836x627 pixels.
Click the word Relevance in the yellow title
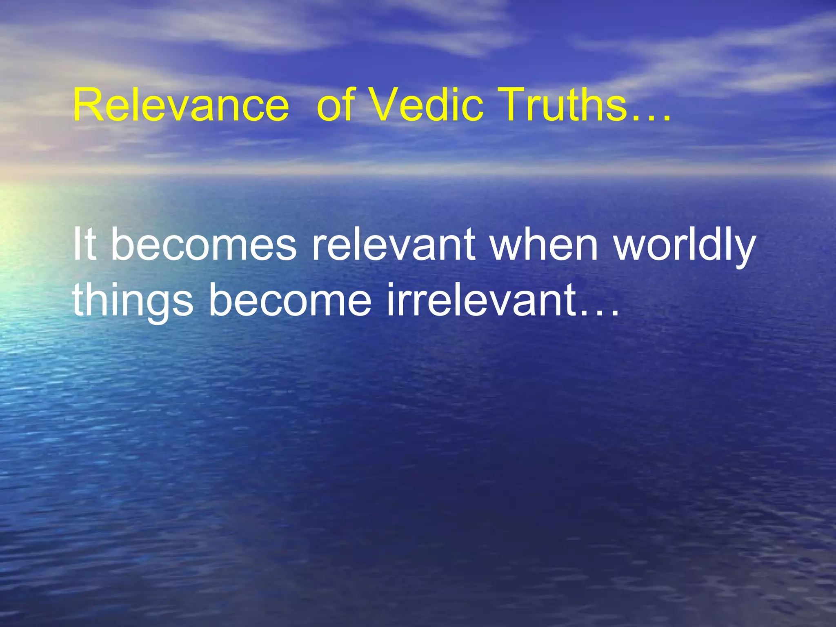tap(181, 105)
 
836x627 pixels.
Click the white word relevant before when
tap(394, 245)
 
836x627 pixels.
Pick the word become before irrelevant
tap(290, 300)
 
